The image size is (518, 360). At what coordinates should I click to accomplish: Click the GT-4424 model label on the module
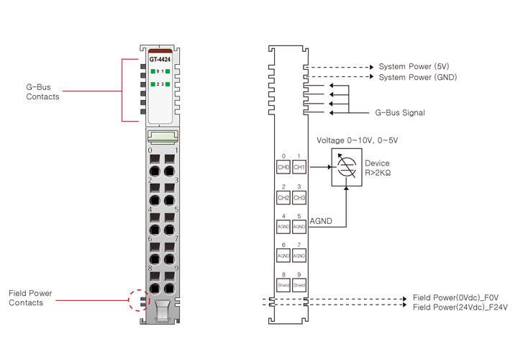[160, 59]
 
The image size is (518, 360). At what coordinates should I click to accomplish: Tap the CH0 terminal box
[283, 167]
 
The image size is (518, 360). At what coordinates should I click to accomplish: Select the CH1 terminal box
[299, 167]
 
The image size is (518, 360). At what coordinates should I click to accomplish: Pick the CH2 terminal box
[283, 197]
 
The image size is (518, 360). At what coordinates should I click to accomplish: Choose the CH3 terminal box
[299, 197]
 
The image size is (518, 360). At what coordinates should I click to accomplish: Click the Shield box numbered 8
[283, 284]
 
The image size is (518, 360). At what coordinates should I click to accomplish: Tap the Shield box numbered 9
[299, 284]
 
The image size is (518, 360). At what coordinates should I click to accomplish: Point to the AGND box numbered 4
[283, 227]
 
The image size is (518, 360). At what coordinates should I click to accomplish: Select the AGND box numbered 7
[299, 256]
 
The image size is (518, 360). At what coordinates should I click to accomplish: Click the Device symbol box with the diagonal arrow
[347, 167]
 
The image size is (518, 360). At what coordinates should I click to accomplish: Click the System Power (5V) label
[414, 67]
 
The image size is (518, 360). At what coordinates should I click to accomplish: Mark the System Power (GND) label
[417, 77]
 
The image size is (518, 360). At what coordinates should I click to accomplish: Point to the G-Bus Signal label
[400, 113]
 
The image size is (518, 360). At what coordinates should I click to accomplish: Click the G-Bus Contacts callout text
[42, 91]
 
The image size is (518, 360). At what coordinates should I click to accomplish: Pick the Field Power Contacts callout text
[30, 298]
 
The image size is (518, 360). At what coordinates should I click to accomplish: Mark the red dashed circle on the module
[140, 299]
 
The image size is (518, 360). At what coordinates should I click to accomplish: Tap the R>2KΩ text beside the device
[378, 174]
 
